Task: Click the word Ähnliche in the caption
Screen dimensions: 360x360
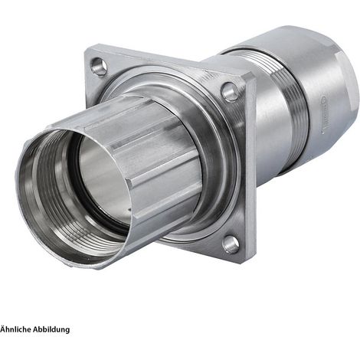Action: click(15, 329)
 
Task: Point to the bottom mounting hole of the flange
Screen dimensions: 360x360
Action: click(231, 244)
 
